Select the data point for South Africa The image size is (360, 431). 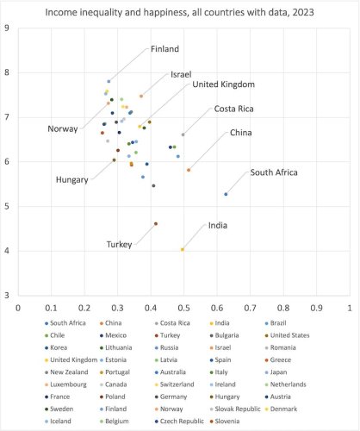pos(226,194)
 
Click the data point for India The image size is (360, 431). pos(183,249)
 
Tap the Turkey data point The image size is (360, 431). pos(156,223)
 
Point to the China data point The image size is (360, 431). pos(189,170)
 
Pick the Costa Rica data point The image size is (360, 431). pos(183,134)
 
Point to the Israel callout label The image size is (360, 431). pos(181,75)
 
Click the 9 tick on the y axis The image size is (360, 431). pos(8,28)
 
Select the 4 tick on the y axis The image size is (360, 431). pos(8,251)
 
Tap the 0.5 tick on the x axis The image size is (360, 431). pos(184,306)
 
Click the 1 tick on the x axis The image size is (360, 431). pos(349,306)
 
